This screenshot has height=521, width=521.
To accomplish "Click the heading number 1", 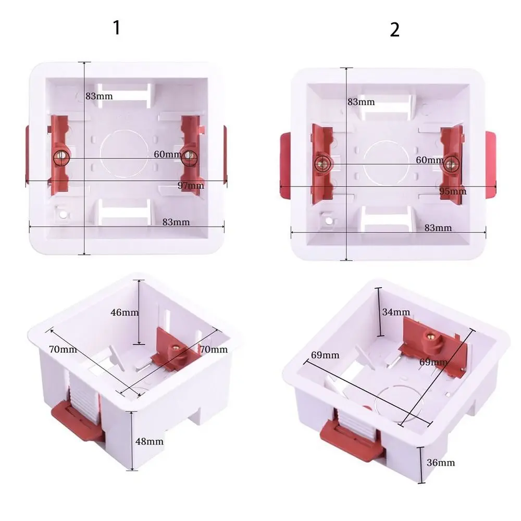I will pos(117,28).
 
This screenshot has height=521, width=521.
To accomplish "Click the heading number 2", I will pos(394,30).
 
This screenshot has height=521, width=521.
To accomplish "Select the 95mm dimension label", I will pos(453,191).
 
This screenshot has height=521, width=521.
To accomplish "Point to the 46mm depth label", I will pos(125,313).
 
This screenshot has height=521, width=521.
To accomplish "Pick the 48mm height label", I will pos(149,441).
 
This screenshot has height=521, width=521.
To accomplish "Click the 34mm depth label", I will pos(396,312).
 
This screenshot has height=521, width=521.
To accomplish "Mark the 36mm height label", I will pos(440,462).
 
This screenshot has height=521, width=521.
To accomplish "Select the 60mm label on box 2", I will pos(430,160).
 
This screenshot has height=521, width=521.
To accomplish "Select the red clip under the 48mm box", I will pos(76,419).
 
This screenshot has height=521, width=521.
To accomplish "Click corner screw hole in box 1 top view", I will pos(63,214).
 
